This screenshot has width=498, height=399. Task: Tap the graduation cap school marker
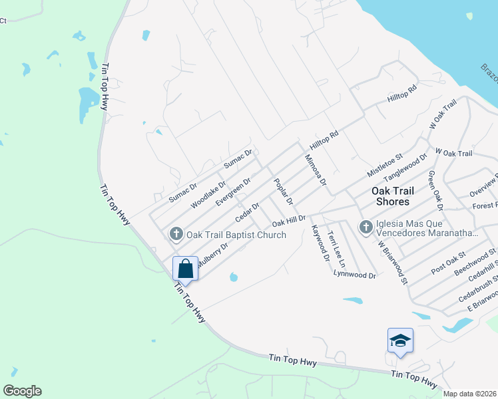point(400,341)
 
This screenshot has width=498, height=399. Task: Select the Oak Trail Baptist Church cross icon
point(176,233)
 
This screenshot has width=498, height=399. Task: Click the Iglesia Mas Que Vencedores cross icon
point(366,227)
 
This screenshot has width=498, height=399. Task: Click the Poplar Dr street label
point(283,191)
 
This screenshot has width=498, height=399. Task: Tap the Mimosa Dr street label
point(315,170)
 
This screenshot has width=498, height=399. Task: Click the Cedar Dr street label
point(246,213)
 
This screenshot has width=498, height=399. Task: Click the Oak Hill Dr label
point(288,220)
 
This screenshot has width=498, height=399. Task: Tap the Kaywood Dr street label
point(320,238)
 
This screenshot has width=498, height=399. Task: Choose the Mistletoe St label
point(385,165)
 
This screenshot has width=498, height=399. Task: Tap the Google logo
point(22,391)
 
